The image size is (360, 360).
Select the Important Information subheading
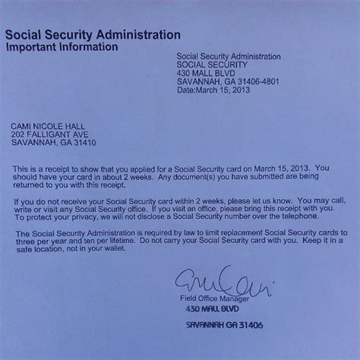click(62, 46)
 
